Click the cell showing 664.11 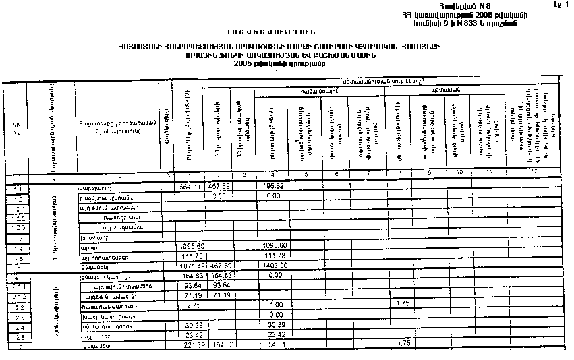[187, 187]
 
